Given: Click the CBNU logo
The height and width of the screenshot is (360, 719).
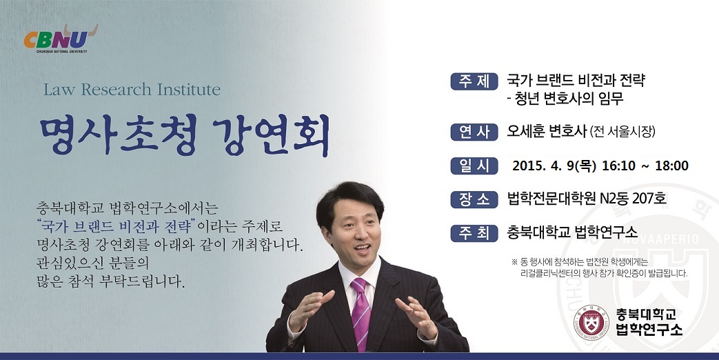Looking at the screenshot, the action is click(61, 39).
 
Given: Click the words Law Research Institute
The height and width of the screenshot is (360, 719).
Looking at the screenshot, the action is click(132, 90).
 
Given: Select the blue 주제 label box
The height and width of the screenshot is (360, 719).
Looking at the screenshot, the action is click(474, 81).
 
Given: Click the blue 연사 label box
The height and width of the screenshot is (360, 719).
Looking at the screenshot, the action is click(474, 132).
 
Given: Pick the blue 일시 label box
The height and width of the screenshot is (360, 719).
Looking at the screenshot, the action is click(474, 166).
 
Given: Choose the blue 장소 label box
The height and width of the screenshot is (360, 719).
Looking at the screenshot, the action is click(474, 199).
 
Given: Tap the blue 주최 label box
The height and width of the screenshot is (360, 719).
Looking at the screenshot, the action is click(474, 232).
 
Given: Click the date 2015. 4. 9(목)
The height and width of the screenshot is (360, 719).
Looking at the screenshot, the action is click(554, 166).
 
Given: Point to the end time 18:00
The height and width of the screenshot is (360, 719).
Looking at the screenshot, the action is click(671, 166).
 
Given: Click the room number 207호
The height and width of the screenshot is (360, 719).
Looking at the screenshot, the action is click(649, 199).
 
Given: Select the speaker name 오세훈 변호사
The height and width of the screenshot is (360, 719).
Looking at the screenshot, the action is click(547, 132).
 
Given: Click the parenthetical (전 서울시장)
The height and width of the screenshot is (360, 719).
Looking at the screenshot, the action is click(622, 132).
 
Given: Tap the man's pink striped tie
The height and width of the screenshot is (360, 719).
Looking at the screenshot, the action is click(361, 312).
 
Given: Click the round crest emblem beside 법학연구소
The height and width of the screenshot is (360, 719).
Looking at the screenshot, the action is click(591, 322).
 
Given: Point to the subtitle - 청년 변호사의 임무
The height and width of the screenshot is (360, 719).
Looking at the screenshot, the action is click(565, 99).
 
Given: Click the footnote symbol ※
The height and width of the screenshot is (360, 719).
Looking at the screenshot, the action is click(514, 262).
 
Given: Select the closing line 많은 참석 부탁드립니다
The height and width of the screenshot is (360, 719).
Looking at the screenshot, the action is click(110, 281).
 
